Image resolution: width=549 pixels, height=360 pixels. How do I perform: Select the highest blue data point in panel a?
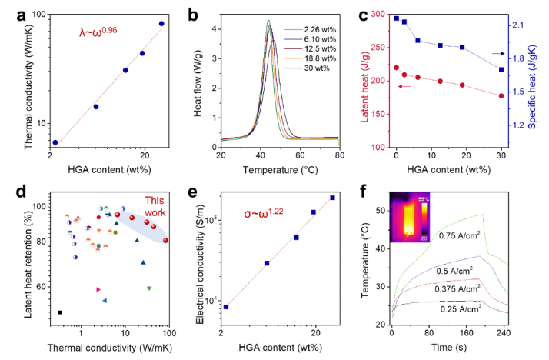(161, 24)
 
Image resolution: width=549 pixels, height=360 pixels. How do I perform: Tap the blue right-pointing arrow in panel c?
(497, 53)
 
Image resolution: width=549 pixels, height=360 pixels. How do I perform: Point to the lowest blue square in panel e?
(226, 307)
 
